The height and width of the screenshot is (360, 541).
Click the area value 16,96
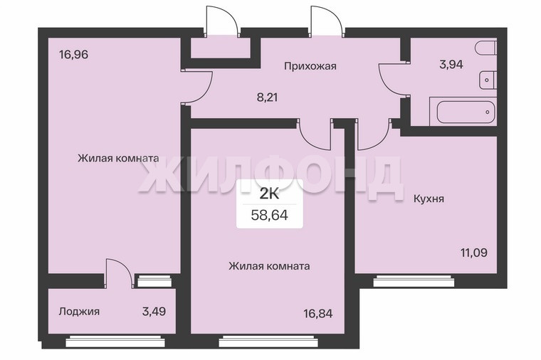[74, 55]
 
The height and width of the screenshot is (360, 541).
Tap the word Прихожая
[310, 66]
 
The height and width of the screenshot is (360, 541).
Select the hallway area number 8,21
[268, 97]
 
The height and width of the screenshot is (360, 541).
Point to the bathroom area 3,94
[451, 65]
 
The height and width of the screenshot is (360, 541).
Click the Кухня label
[429, 199]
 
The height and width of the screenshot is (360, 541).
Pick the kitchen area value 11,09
[474, 253]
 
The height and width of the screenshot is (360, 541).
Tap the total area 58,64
[270, 216]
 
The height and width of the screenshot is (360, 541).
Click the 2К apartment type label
[270, 194]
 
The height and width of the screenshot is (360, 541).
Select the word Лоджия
[79, 312]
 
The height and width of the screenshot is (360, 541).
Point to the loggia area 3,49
[154, 312]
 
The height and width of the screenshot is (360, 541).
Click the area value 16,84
[318, 314]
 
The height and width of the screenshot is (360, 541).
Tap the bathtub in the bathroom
[463, 112]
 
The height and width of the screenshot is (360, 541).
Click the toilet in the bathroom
[485, 48]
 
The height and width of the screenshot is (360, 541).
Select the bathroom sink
[488, 80]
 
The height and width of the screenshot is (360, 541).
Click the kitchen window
[414, 281]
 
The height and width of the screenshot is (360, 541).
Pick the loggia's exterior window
[115, 342]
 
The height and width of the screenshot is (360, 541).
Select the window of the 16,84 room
[268, 342]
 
